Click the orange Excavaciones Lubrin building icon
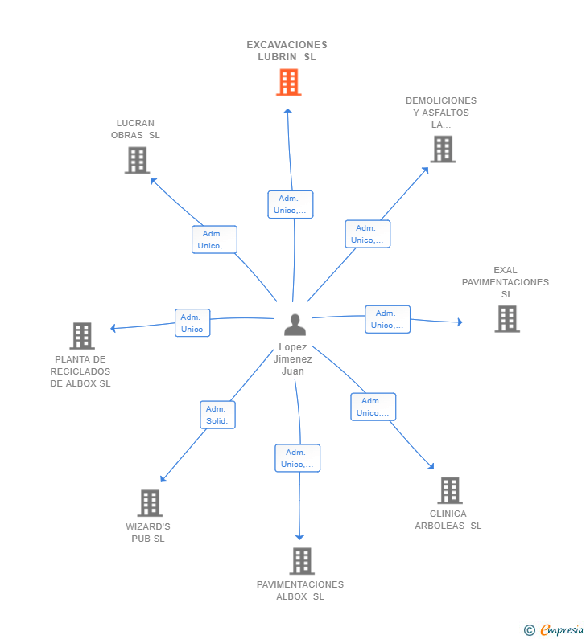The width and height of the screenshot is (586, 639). click(288, 82)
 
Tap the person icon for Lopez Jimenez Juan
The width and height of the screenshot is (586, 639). click(295, 325)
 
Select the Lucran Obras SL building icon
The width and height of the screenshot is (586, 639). click(137, 160)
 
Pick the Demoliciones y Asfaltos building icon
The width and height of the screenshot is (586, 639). click(443, 150)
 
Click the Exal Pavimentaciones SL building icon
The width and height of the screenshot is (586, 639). click(507, 318)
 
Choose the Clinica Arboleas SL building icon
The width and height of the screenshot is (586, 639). click(450, 490)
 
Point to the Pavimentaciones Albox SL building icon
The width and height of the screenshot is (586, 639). click(302, 561)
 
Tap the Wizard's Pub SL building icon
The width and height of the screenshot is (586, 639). click(150, 503)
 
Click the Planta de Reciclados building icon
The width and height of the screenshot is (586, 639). click(82, 336)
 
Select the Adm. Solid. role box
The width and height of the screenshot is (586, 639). click(217, 415)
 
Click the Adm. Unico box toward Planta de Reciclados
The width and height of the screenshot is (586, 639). click(192, 323)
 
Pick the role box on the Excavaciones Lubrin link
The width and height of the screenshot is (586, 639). click(290, 204)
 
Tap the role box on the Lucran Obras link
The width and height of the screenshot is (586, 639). click(214, 240)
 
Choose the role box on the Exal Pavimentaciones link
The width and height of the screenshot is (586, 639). click(387, 319)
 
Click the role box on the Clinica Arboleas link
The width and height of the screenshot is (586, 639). click(373, 407)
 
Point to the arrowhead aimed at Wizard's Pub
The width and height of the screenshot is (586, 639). click(163, 479)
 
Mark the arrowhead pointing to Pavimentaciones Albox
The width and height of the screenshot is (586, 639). click(299, 537)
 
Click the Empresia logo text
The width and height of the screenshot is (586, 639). click(563, 629)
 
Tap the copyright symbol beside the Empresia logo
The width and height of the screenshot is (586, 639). click(530, 630)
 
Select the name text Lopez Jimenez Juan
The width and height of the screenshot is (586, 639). click(292, 359)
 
